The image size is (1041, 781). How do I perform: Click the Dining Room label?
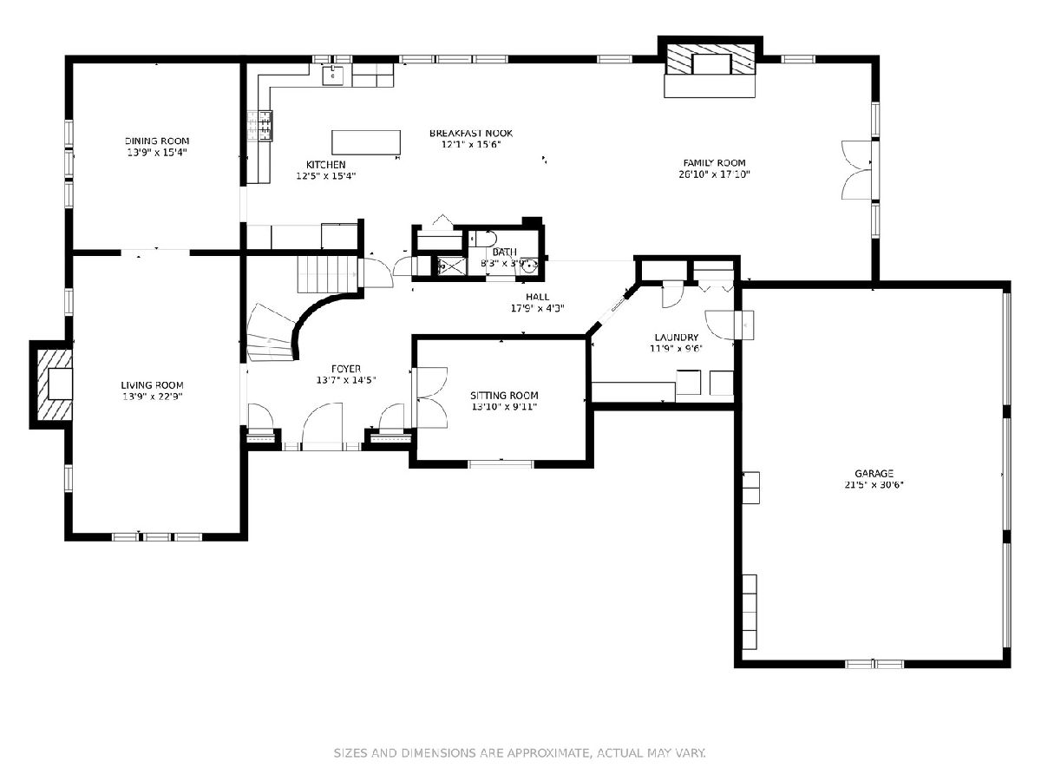157,141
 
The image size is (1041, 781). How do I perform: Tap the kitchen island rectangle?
366,142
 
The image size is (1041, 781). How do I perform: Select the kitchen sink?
332,75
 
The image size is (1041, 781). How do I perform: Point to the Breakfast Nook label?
471,134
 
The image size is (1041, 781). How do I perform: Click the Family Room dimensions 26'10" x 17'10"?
714,174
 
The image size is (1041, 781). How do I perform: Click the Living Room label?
152,385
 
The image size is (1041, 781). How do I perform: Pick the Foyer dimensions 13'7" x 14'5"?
346,380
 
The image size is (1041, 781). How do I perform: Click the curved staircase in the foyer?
272,333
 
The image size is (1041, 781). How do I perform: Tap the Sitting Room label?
504,395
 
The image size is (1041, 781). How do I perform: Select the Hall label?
537,297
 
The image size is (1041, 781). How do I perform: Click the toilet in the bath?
483,238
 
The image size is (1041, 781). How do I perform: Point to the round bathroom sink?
529,266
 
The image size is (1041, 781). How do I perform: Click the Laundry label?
677,338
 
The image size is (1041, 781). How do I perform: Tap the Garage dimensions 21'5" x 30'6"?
874,484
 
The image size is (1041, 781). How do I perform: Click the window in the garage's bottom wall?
875,664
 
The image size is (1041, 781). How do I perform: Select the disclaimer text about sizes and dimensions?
520,752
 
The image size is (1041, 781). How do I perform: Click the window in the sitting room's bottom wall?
501,463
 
